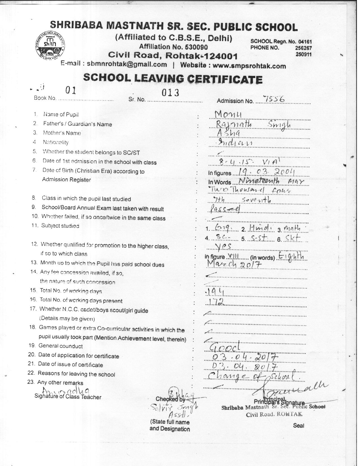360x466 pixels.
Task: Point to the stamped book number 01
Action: [x=71, y=90]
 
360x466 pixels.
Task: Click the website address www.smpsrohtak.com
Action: [x=249, y=66]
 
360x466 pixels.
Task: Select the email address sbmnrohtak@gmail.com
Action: [x=127, y=64]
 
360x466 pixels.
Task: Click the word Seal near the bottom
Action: [x=298, y=425]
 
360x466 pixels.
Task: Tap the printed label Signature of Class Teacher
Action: [x=68, y=397]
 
